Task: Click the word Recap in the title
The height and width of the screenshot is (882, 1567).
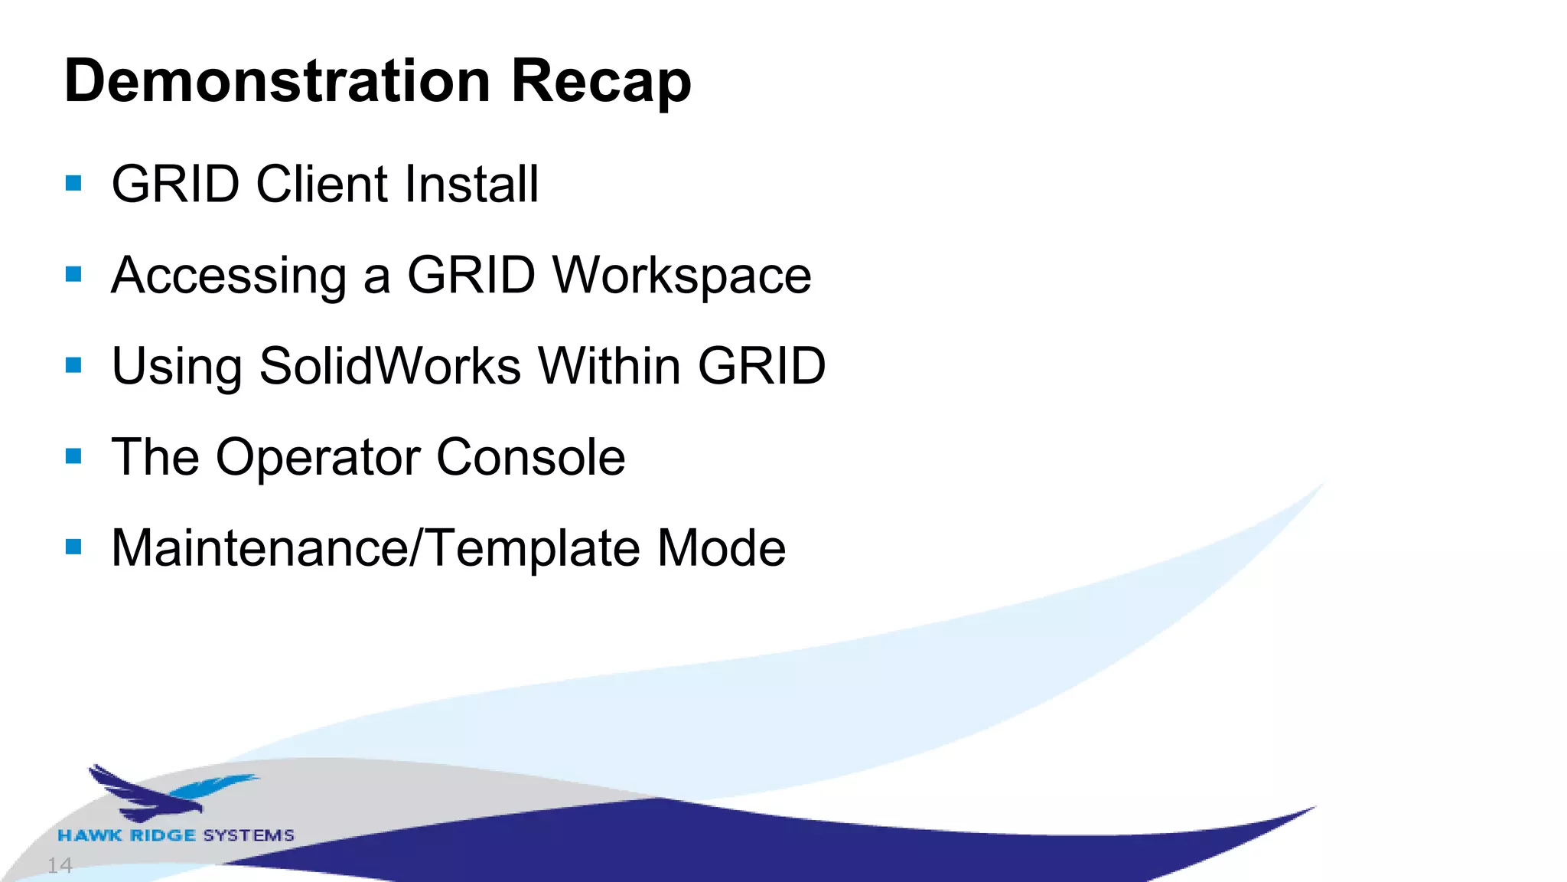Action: [x=601, y=83]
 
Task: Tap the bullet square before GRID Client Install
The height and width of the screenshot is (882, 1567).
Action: [x=73, y=183]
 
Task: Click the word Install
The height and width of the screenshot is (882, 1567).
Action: [x=472, y=184]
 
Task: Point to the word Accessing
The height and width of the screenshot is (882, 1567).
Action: [x=229, y=276]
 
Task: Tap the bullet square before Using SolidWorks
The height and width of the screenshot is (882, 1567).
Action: [x=73, y=365]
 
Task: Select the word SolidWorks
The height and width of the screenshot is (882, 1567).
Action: [x=390, y=366]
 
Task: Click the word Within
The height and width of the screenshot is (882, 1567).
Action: [x=609, y=366]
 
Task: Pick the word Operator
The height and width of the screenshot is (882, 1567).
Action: [x=318, y=458]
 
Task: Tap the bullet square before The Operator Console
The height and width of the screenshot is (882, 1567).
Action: [x=73, y=457]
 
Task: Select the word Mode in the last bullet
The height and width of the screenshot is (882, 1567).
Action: [x=721, y=548]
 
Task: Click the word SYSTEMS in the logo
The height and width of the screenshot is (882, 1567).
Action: [x=249, y=835]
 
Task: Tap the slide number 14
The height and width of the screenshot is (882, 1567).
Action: [x=60, y=866]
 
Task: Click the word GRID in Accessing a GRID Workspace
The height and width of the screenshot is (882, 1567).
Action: [x=471, y=275]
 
